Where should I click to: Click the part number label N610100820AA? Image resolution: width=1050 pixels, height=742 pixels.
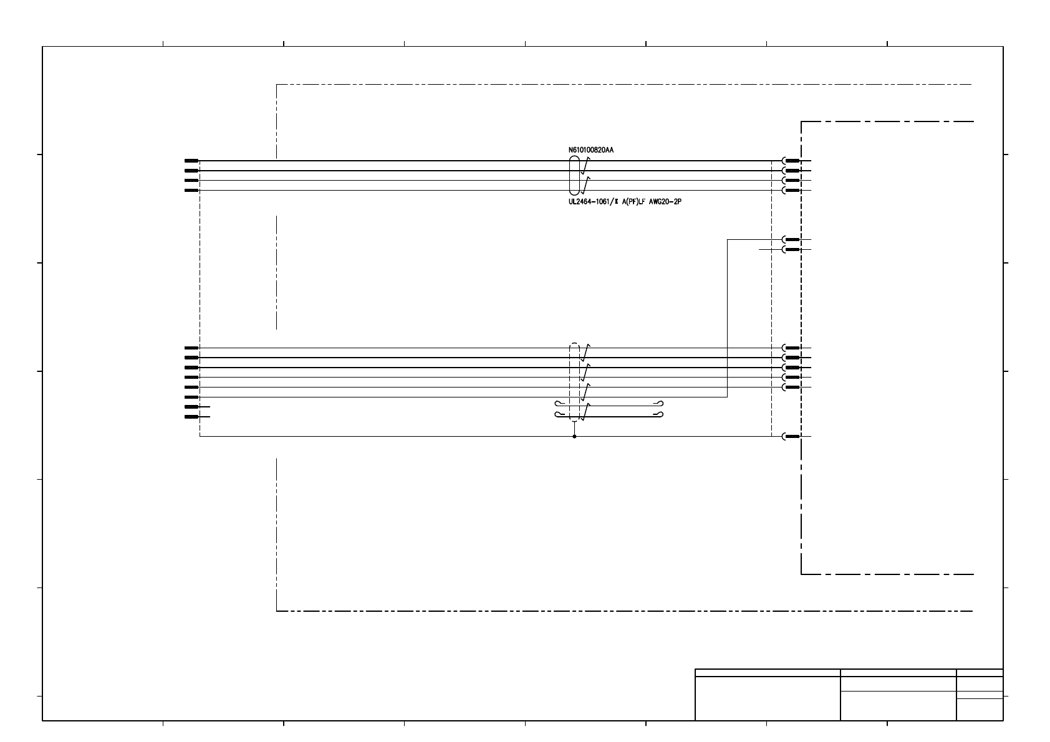[586, 150]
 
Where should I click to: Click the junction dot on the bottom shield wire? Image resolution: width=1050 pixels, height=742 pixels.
[574, 437]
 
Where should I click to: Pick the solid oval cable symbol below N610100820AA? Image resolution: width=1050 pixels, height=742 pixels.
[574, 176]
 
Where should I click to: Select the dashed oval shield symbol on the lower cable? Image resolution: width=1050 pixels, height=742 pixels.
[574, 382]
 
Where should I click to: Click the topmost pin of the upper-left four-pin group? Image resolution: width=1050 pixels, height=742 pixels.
[191, 161]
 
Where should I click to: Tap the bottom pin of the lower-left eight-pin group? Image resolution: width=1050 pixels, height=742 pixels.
[191, 417]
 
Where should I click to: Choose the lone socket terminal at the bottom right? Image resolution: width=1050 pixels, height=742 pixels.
[791, 437]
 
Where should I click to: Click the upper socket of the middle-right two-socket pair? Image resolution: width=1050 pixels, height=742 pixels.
[791, 239]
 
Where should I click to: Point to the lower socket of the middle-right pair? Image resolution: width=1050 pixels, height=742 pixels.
[791, 249]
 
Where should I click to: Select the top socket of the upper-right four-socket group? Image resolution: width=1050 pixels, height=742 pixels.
[791, 161]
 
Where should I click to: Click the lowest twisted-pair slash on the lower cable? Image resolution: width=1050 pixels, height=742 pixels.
[585, 412]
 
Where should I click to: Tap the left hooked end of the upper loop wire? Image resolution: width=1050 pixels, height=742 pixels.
[558, 404]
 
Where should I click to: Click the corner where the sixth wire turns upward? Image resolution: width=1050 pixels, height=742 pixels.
[728, 397]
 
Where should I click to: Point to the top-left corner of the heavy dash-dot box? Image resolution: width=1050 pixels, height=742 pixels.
[801, 121]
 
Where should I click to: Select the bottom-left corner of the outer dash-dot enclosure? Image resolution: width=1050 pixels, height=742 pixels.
[276, 611]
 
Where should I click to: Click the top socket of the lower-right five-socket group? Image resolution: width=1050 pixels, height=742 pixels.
[791, 348]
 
